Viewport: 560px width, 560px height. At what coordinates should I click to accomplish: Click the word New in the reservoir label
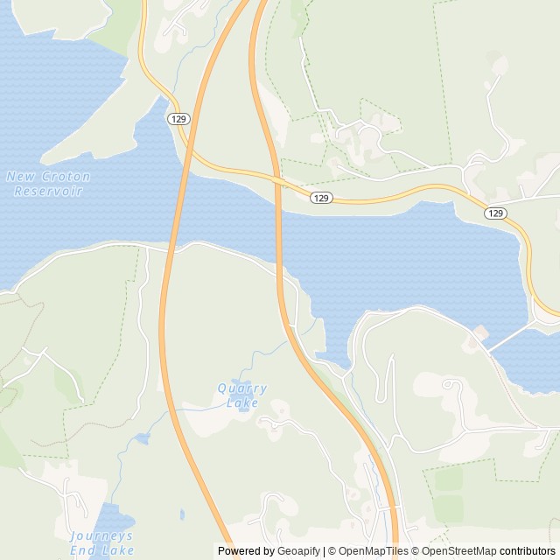point(20,177)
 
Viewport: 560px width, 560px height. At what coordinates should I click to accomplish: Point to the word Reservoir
point(48,191)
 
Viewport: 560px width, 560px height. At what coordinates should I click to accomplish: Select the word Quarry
point(241,388)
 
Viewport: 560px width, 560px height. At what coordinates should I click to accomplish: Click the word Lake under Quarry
point(242,403)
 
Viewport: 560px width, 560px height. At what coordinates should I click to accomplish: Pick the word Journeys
point(102,535)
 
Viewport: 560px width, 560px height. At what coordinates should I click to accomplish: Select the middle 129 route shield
point(321,199)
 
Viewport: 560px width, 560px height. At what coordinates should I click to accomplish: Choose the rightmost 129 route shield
point(495,213)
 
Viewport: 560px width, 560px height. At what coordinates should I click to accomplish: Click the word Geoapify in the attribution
point(297,551)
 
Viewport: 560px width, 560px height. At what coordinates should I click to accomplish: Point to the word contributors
point(528,551)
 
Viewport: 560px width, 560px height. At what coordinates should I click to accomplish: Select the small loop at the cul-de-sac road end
point(452,385)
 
